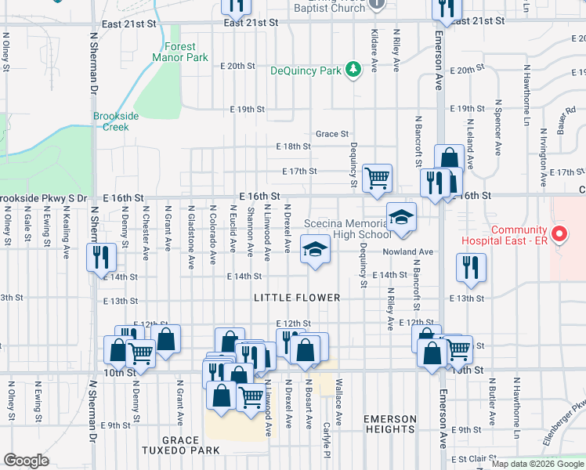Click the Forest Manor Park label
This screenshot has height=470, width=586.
point(181,52)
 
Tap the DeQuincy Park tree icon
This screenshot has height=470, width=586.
point(354,70)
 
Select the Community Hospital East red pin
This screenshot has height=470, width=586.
point(558,233)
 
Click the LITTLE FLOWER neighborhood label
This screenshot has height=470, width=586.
point(297,298)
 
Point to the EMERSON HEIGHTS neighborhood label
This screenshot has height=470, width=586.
point(389,425)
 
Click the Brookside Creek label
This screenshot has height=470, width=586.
point(116,121)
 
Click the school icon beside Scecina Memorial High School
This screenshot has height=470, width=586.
point(400,217)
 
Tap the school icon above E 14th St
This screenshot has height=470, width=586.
point(315,249)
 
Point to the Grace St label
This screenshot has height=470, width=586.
point(332,134)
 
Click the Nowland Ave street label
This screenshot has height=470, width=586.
point(408,251)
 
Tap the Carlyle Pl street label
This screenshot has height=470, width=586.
point(327,444)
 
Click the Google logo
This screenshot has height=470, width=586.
point(27,461)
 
